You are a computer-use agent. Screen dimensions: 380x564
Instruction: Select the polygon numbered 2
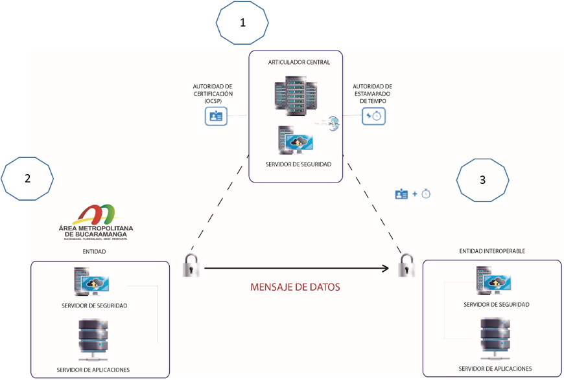tap(27, 179)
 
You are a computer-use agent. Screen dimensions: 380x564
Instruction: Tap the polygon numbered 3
tap(483, 179)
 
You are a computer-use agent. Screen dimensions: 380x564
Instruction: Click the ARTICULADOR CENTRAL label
tap(299, 62)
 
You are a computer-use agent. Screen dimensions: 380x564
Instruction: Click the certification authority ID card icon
tap(215, 116)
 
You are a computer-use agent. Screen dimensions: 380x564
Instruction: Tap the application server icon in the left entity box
tap(93, 340)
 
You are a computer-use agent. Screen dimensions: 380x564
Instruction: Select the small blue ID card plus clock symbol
tap(413, 194)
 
